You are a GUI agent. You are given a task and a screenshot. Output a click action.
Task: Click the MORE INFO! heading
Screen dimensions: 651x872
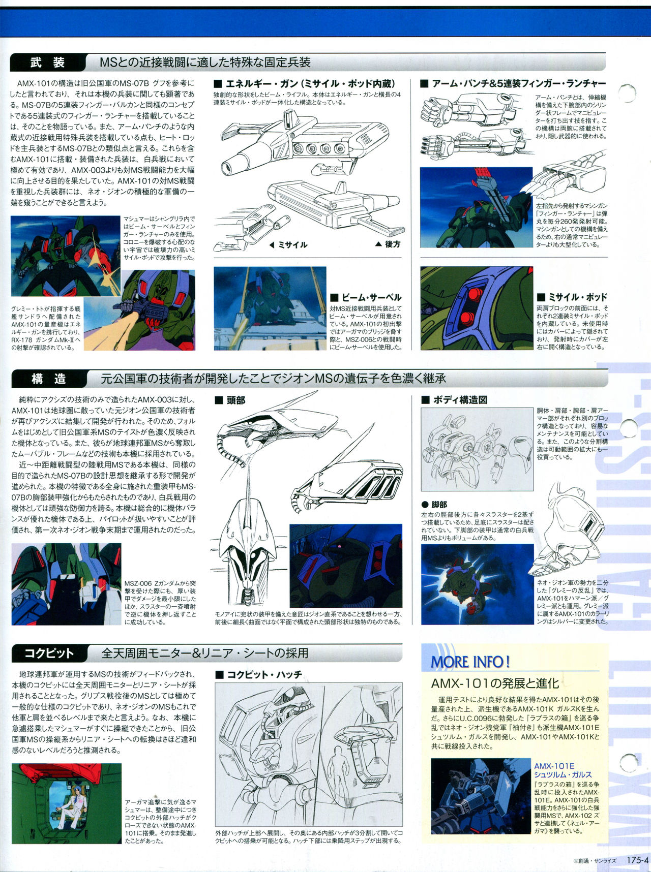pos(470,662)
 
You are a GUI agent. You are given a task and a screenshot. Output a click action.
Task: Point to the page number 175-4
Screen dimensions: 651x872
pos(637,860)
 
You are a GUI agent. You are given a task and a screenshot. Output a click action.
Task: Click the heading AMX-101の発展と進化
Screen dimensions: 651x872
pos(494,683)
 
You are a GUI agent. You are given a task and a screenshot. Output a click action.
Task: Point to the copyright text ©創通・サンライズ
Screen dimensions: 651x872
pos(595,861)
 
